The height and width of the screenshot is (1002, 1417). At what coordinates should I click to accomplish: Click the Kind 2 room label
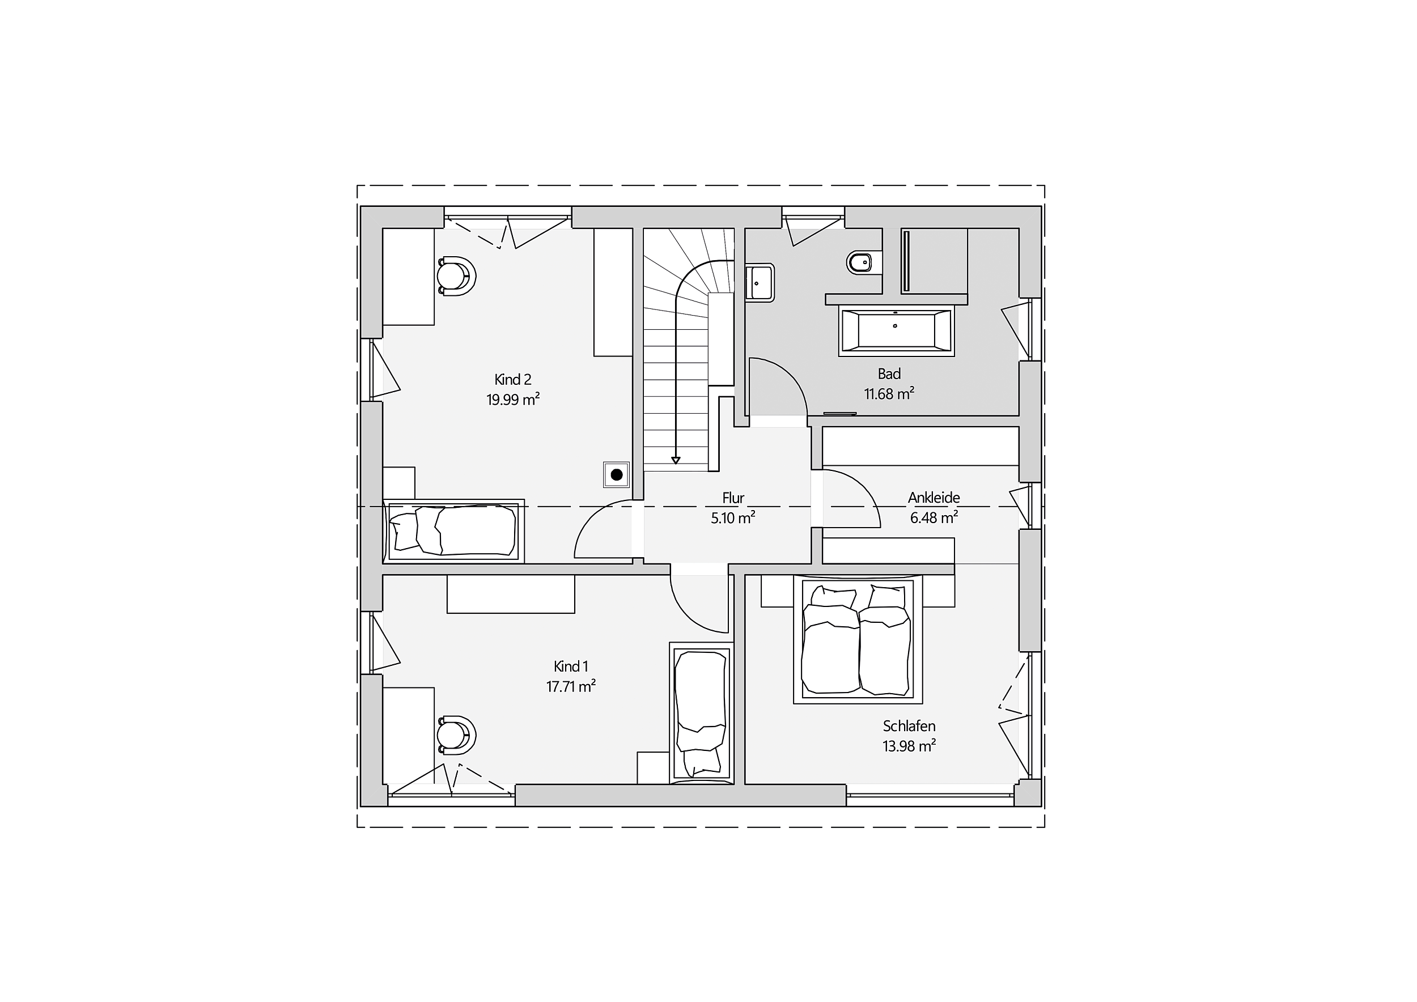[x=512, y=380]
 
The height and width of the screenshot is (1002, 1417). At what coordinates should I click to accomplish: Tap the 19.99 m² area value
[x=513, y=400]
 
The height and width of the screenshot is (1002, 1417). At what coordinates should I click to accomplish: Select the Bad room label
[x=889, y=374]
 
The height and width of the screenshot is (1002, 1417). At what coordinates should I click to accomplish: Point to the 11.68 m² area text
[x=889, y=394]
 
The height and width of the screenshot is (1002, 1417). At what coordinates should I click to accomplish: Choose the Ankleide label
[x=934, y=497]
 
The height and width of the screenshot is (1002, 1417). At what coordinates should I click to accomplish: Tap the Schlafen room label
[x=909, y=726]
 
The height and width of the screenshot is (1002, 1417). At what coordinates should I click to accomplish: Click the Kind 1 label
[x=571, y=666]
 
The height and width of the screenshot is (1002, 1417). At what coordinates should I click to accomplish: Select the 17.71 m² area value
[x=571, y=686]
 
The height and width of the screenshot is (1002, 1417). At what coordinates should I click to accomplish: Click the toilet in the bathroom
[x=859, y=262]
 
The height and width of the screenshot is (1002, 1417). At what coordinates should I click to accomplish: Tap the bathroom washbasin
[x=760, y=283]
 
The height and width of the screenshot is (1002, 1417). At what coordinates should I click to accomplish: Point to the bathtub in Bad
[x=896, y=331]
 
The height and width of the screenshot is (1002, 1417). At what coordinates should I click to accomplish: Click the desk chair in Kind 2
[x=457, y=277]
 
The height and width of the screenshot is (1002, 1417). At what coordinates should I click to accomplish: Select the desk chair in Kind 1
[x=457, y=736]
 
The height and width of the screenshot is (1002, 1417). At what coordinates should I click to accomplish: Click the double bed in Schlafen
[x=858, y=639]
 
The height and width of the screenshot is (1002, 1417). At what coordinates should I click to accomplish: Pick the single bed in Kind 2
[x=453, y=531]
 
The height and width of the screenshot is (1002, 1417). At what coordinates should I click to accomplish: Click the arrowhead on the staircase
[x=676, y=460]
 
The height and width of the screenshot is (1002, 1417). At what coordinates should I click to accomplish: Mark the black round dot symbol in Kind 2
[x=616, y=475]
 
